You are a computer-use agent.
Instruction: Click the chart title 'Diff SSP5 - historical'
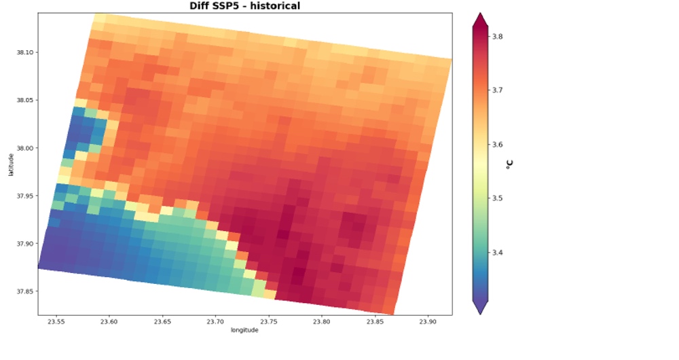(x=244, y=6)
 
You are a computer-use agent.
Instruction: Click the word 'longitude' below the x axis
(x=244, y=331)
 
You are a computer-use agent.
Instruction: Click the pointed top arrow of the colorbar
(x=480, y=17)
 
